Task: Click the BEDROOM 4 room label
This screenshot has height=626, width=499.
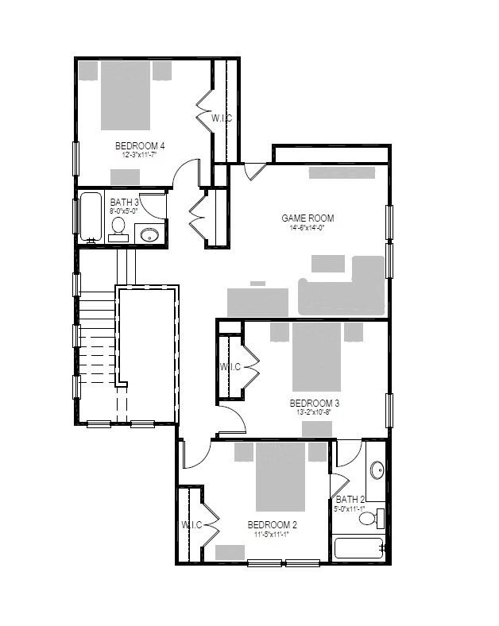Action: [x=140, y=145]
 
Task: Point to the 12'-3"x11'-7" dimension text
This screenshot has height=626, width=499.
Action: [x=140, y=155]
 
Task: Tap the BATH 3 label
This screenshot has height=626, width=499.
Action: [x=125, y=203]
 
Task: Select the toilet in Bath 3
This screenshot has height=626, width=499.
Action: [x=119, y=228]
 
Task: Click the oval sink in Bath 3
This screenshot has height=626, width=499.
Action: [x=149, y=234]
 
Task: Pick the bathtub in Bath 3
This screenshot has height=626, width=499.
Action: [x=90, y=217]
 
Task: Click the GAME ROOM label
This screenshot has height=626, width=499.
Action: [x=308, y=218]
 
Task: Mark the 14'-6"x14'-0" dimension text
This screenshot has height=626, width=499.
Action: [x=308, y=227]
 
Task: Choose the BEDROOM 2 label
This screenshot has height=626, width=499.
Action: [x=273, y=525]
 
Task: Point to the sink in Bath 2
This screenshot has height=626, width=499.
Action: [x=377, y=471]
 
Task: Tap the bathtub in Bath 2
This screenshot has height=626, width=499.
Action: [x=359, y=548]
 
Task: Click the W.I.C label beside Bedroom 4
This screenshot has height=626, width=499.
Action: [x=222, y=118]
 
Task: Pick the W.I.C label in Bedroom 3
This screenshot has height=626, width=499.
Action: [x=230, y=367]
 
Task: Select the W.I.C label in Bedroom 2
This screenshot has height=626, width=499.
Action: [x=191, y=524]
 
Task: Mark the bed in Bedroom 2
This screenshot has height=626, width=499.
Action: [x=280, y=477]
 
